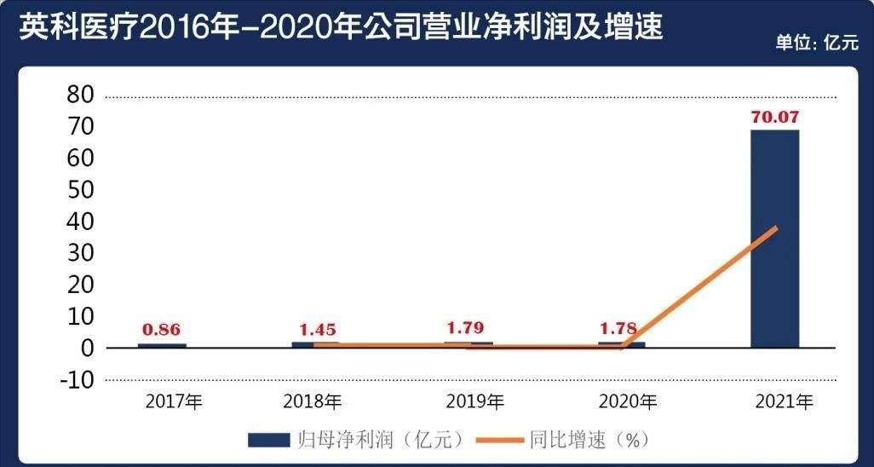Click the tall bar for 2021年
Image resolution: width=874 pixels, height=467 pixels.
click(774, 239)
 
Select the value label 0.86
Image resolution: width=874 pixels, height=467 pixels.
click(162, 330)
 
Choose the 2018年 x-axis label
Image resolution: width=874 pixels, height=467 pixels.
click(313, 401)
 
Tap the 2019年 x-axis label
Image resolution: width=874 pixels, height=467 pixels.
click(474, 401)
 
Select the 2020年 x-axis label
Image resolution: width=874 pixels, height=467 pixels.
click(628, 401)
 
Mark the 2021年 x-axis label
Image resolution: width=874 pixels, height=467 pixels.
click(785, 401)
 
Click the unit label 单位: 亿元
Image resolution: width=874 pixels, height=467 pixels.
click(816, 44)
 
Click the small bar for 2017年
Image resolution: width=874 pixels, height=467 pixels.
click(162, 345)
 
